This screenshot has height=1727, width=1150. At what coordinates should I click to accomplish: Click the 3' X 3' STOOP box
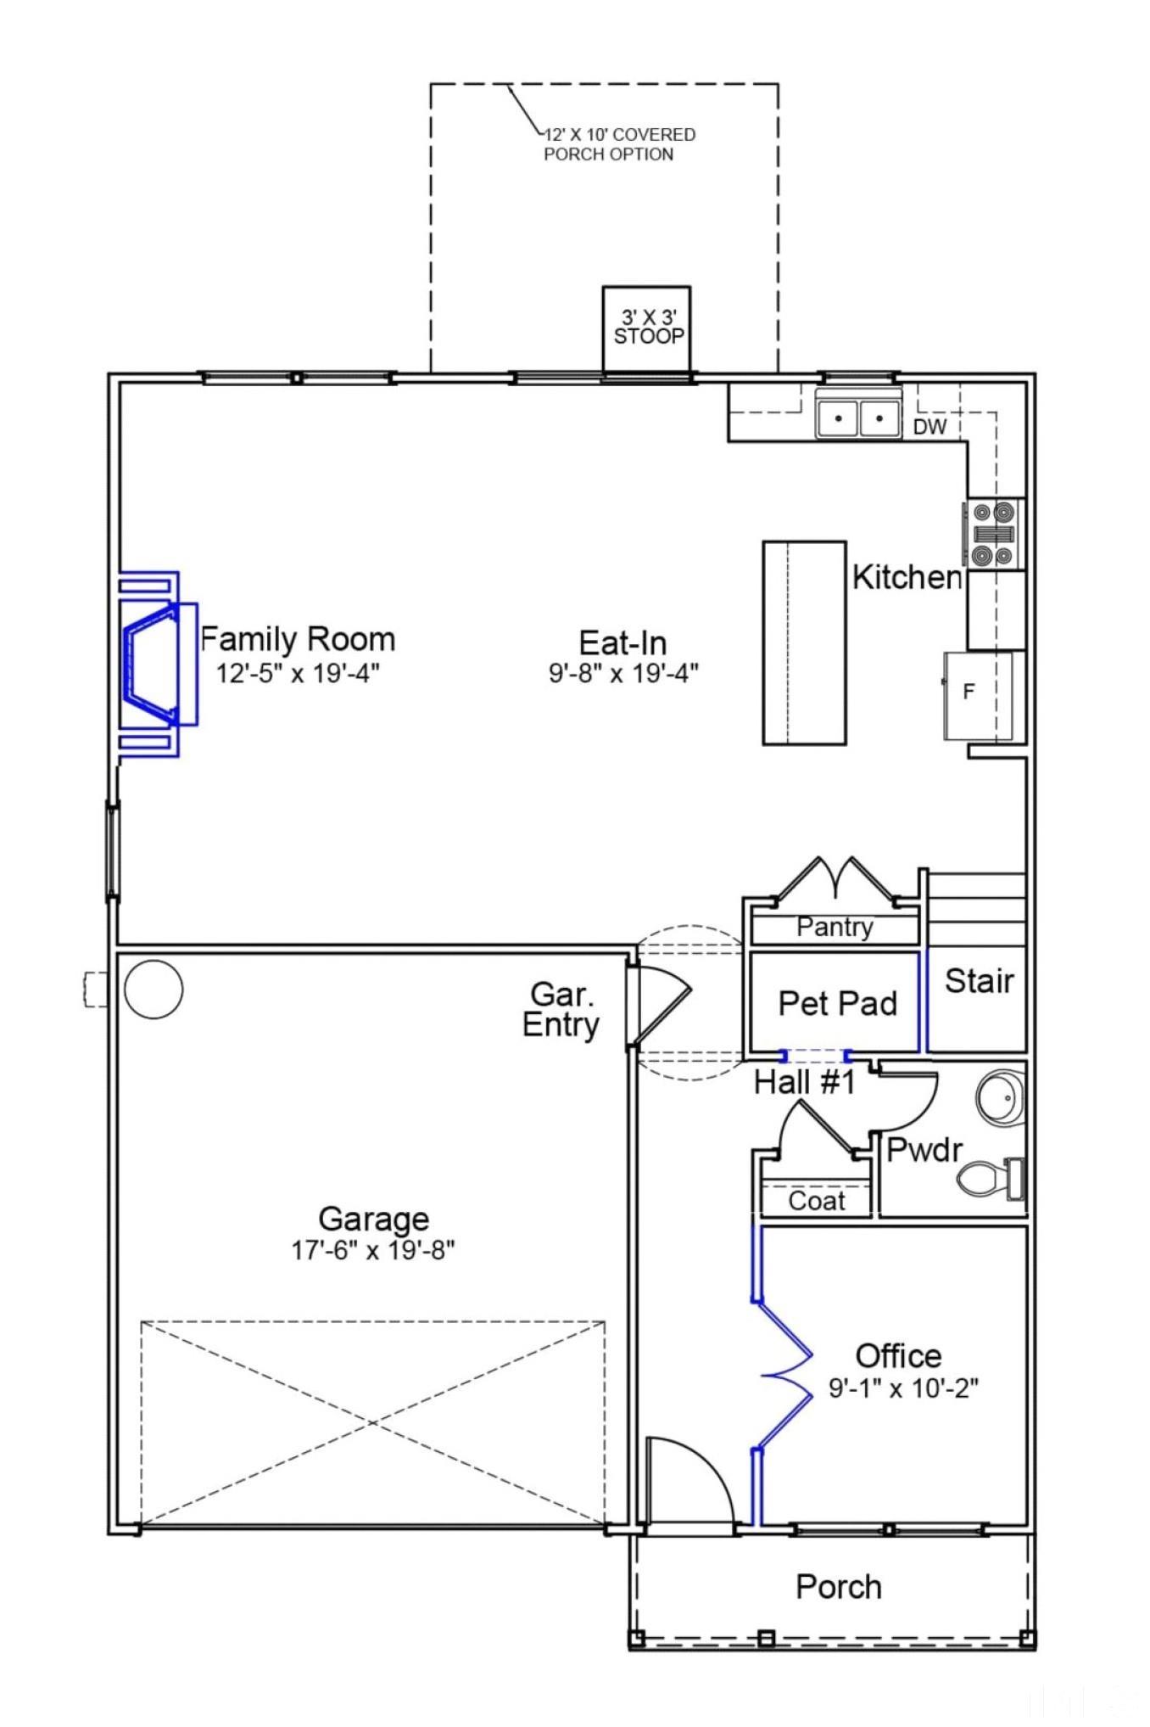click(x=646, y=328)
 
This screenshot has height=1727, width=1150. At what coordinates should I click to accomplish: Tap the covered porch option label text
click(x=617, y=144)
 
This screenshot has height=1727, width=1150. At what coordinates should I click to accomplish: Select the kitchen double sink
click(x=857, y=418)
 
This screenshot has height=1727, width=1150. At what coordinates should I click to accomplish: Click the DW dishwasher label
click(x=929, y=427)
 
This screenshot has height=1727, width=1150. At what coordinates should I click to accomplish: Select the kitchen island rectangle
click(x=804, y=642)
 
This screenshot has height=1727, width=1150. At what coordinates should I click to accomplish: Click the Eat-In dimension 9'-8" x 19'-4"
click(x=623, y=673)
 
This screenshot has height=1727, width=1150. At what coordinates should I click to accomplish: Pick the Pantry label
click(x=835, y=927)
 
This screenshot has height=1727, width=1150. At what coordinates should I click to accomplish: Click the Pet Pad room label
click(x=837, y=1003)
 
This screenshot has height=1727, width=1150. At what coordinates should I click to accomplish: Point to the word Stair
click(x=979, y=981)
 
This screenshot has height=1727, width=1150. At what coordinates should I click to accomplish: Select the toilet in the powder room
click(x=990, y=1178)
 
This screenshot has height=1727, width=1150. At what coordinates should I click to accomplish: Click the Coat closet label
click(x=816, y=1200)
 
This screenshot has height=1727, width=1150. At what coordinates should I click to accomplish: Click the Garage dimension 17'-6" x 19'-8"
click(x=373, y=1250)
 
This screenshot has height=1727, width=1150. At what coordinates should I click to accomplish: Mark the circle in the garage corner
click(x=154, y=989)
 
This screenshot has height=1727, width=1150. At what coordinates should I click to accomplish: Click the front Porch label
click(x=838, y=1587)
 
